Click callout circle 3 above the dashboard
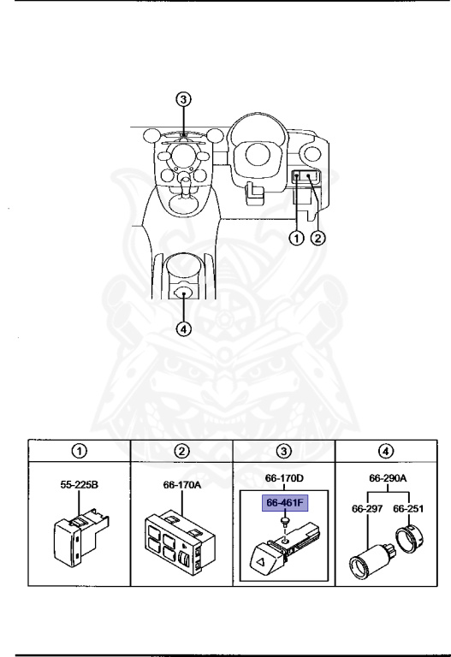181,99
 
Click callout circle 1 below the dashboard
297,239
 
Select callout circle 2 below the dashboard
317,239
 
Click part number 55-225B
77,483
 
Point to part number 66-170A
181,483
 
